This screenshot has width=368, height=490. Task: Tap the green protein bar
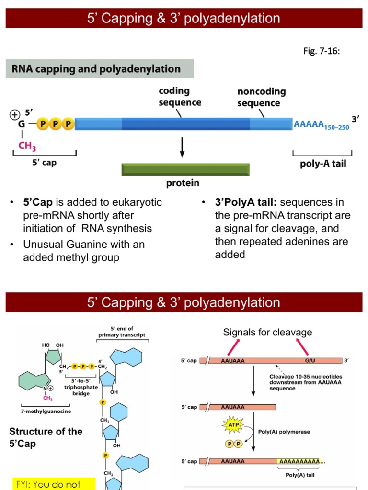pos(185,169)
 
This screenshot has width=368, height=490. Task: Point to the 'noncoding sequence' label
pos(262,97)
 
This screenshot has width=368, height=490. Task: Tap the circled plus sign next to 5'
pos(15,114)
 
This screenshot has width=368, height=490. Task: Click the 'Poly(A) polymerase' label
pos(284,432)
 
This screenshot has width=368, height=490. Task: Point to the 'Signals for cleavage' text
pos(267,332)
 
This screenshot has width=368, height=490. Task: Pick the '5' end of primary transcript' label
pos(122,332)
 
